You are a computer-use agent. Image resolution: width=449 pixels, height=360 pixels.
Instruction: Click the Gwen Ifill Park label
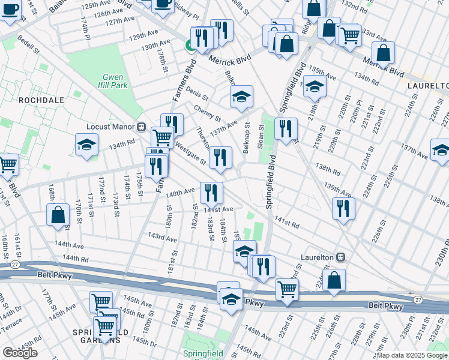pyautogui.click(x=113, y=81)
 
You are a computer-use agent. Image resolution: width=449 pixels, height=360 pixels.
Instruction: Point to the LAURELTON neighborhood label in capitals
pyautogui.click(x=427, y=86)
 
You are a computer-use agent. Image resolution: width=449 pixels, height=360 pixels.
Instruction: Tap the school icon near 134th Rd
pyautogui.click(x=86, y=145)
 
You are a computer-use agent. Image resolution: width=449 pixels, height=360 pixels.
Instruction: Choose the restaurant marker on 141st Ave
pyautogui.click(x=211, y=193)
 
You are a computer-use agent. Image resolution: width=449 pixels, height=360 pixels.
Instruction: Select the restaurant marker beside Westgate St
pyautogui.click(x=220, y=157)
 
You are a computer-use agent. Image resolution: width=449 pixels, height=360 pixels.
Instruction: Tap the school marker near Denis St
pyautogui.click(x=241, y=97)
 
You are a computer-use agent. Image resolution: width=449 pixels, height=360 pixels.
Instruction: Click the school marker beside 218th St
pyautogui.click(x=315, y=86)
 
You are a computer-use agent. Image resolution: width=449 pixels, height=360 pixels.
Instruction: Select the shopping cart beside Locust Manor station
pyautogui.click(x=162, y=137)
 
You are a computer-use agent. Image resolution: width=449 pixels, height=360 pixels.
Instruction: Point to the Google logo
pyautogui.click(x=20, y=353)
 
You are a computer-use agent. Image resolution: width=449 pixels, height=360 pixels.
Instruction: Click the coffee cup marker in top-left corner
pyautogui.click(x=10, y=10)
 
